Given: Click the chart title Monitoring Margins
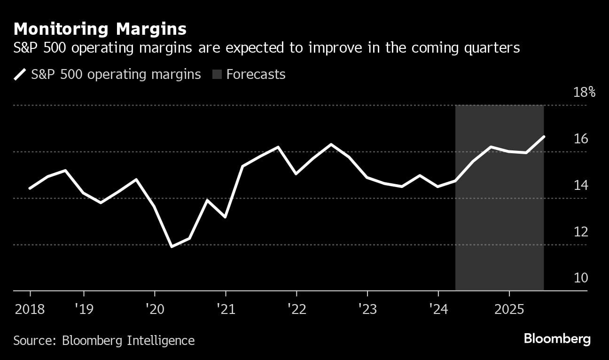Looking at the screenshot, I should click(x=100, y=29).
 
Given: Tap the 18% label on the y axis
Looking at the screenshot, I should click(x=585, y=92).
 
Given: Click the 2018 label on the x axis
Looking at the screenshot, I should click(x=30, y=309).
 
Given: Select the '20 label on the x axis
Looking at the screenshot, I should click(x=155, y=309).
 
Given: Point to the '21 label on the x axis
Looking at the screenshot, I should click(x=226, y=309).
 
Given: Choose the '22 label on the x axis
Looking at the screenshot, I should click(x=297, y=309).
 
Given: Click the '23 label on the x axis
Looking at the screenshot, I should click(x=367, y=309).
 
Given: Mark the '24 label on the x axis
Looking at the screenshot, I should click(x=438, y=309).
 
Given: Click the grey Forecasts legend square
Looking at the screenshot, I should click(x=217, y=75).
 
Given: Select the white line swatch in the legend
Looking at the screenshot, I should click(x=20, y=75).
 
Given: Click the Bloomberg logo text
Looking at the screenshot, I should click(x=557, y=339).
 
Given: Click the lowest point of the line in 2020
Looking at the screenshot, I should click(x=172, y=246).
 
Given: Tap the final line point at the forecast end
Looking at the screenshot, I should click(x=544, y=137).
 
